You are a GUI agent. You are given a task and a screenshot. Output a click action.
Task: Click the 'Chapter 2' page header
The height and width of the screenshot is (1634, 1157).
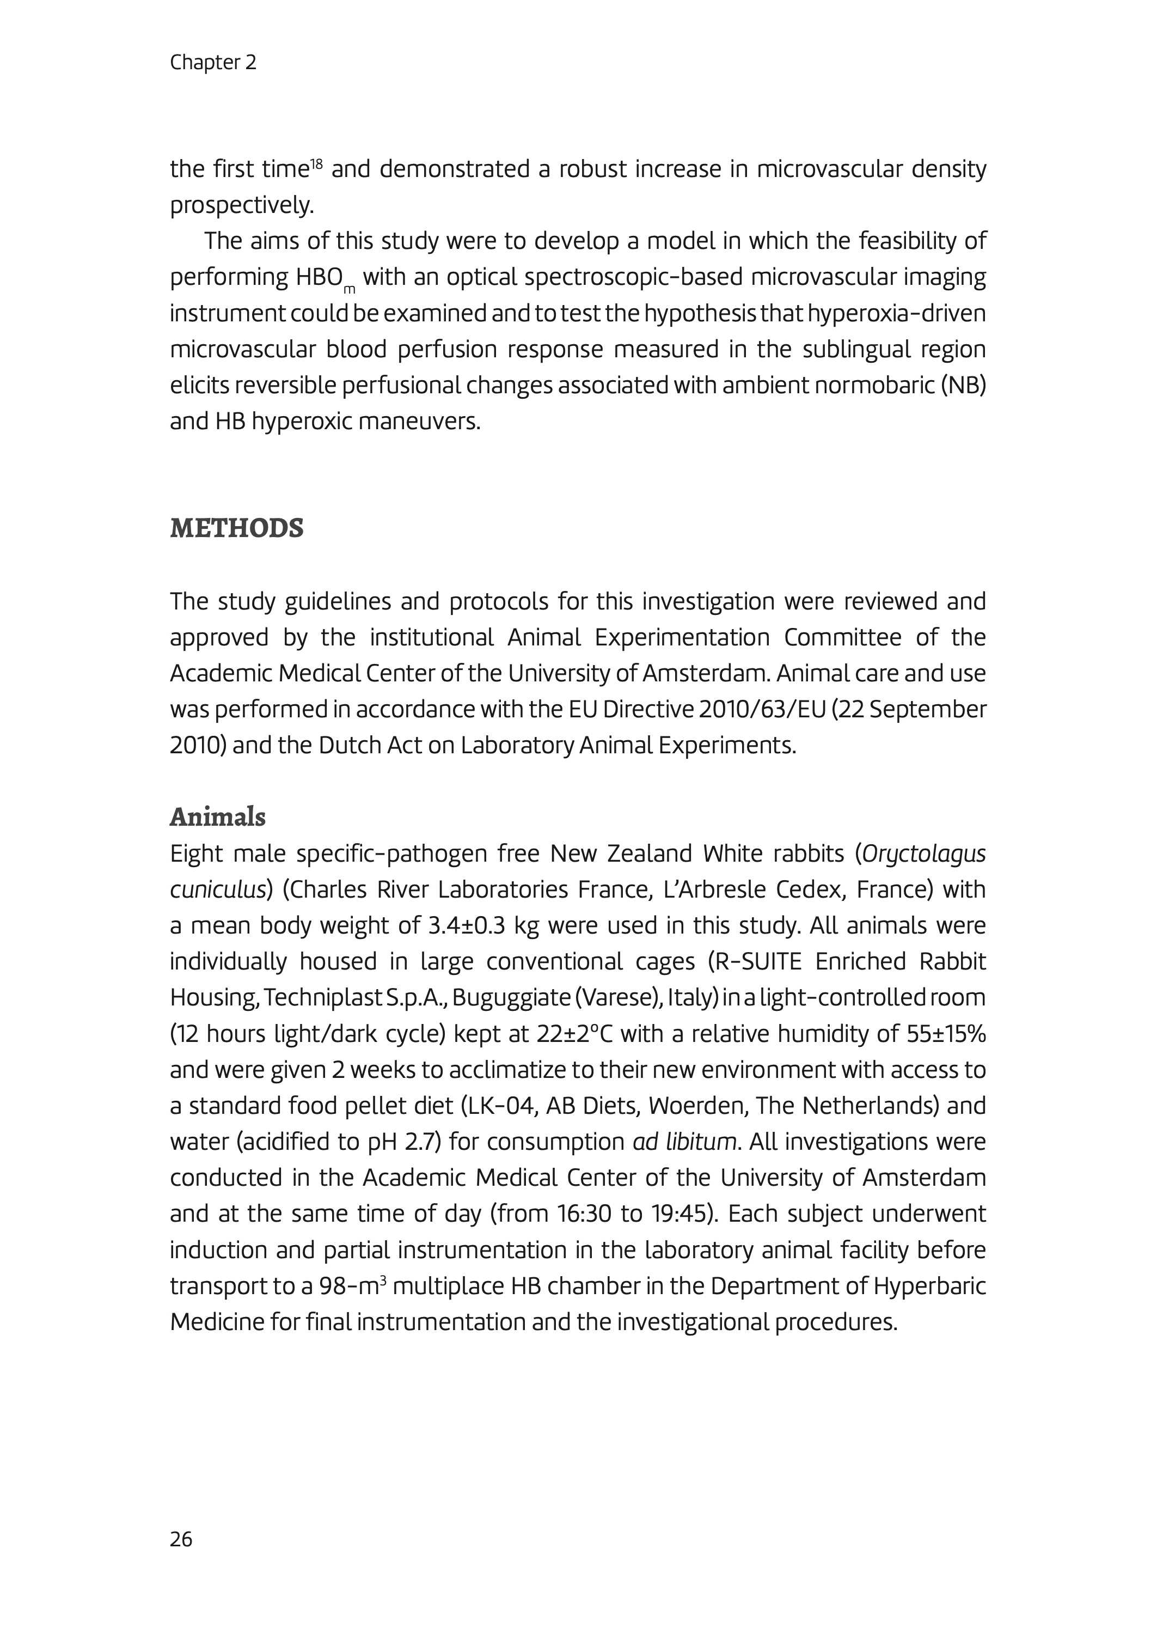pyautogui.click(x=213, y=63)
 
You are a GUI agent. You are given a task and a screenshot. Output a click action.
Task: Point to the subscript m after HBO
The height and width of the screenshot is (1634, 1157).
pyautogui.click(x=349, y=289)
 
